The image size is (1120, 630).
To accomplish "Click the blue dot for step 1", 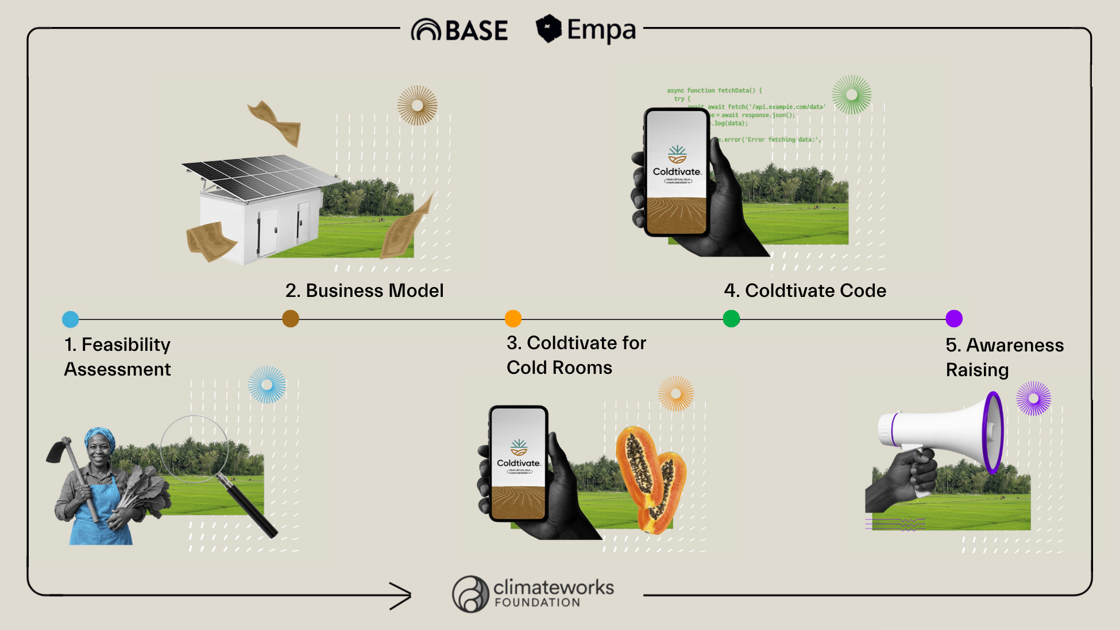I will click(x=70, y=319).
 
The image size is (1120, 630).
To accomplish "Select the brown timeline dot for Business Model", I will click(x=291, y=318).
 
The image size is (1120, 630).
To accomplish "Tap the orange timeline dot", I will click(x=513, y=318).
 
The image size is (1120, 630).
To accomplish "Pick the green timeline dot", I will click(x=731, y=318).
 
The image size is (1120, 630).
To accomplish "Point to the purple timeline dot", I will click(x=954, y=318).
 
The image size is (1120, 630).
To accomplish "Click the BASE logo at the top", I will click(x=459, y=30).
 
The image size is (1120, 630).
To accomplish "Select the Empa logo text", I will click(x=601, y=30).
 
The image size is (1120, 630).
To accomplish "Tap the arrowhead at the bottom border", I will click(x=402, y=596).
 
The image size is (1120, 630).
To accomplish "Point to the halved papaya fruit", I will click(x=649, y=477).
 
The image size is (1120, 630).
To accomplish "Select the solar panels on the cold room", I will click(x=258, y=175).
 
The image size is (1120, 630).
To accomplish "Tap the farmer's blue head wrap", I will click(x=100, y=436).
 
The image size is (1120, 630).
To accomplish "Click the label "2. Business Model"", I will click(x=365, y=291).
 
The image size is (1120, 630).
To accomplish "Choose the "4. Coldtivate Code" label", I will click(x=805, y=291).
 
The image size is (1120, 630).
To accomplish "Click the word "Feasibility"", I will click(x=126, y=345).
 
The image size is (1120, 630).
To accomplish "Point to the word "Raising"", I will click(x=977, y=370).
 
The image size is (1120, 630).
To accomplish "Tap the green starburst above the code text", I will click(x=852, y=95).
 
